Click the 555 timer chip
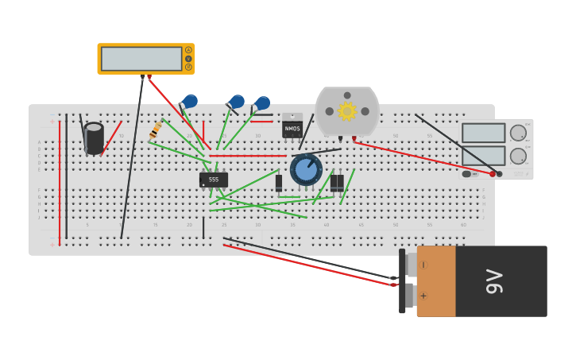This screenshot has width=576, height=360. click(213, 180)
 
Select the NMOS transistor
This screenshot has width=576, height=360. click(292, 127)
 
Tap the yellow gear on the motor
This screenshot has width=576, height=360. click(347, 111)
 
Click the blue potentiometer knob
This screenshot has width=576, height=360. click(306, 168)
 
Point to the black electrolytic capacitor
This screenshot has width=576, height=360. click(94, 138)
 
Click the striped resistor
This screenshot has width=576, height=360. click(156, 130)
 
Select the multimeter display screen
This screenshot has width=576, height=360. click(141, 59)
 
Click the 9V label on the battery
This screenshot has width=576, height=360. click(494, 281)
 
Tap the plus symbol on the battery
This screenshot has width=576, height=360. click(423, 296)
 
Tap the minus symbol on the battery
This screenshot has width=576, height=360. click(423, 265)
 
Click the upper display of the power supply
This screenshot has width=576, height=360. click(483, 133)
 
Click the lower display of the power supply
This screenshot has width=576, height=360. click(483, 155)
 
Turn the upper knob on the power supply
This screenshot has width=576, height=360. click(518, 133)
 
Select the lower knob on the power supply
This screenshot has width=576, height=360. click(518, 155)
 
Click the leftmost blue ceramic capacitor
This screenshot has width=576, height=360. click(190, 101)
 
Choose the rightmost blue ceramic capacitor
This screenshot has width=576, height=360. click(262, 103)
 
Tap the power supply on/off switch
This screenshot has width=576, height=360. click(468, 174)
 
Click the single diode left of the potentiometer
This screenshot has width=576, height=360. click(279, 183)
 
